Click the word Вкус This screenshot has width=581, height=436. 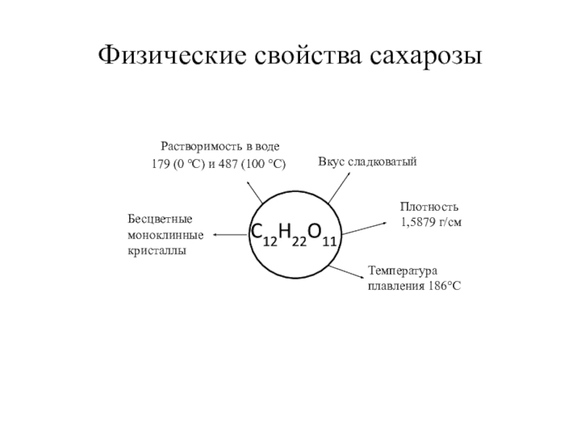(331, 160)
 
